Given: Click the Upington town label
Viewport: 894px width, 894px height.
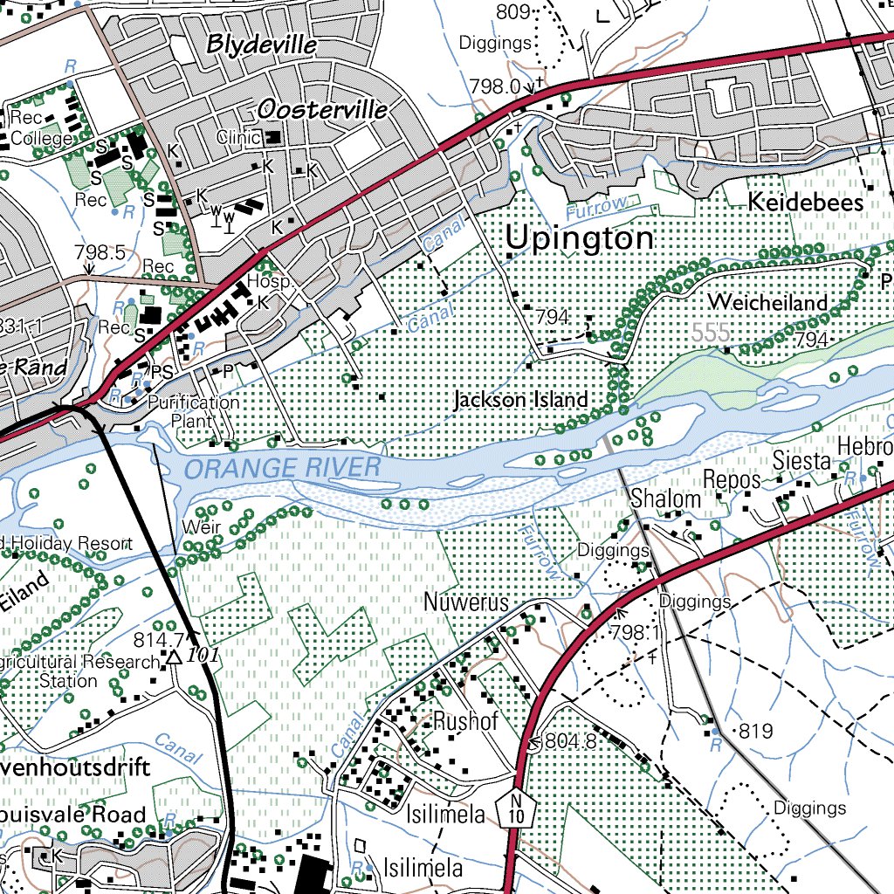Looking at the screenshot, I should point(580,238).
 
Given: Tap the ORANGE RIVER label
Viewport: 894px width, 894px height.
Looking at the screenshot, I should point(283,468).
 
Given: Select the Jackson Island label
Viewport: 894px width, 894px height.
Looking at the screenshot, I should point(520,400).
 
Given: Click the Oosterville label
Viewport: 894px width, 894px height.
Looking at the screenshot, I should point(322,109).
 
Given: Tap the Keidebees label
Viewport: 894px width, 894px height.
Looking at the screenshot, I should point(805,203).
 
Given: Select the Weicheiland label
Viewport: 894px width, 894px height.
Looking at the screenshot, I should point(767,302).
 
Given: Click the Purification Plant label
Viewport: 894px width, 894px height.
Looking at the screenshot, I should point(193,411).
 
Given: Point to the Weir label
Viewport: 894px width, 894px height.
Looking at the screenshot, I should point(201,527).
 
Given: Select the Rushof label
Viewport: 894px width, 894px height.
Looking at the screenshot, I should point(465,722).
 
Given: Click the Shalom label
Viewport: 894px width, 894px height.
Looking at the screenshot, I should point(665,499).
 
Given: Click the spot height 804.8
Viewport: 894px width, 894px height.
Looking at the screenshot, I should point(569,742).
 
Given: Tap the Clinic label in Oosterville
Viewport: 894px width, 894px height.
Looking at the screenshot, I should point(238,137).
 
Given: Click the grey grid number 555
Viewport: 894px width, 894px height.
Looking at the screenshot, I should point(711,332).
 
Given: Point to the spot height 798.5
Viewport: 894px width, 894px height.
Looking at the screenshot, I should point(100,252).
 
